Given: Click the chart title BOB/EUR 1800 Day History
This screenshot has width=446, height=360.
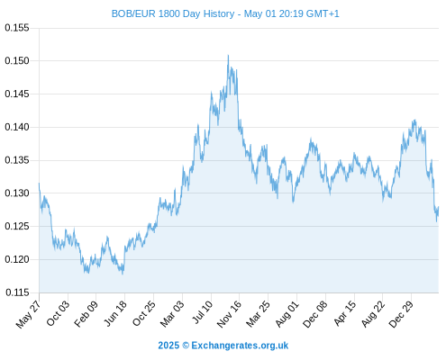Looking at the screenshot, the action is point(173,13).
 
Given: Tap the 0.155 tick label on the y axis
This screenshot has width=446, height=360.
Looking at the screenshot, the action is point(17,28).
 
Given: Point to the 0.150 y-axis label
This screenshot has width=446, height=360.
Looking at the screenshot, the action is point(17,61).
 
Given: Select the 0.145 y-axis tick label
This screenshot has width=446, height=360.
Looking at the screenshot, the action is point(17,94).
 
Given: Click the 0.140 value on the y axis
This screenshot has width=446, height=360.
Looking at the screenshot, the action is point(17,127).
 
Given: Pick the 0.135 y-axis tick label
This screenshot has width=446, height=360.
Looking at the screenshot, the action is point(17,160).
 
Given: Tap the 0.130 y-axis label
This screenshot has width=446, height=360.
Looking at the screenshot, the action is point(17,193).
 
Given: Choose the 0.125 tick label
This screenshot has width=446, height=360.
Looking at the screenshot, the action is point(17,226).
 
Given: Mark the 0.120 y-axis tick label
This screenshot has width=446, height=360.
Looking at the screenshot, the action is point(17,259).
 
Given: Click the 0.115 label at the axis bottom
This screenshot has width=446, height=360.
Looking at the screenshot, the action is point(17,292).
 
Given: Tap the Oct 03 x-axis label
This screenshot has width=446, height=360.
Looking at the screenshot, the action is point(58,313).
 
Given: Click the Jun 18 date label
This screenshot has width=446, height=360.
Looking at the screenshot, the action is point(115,313).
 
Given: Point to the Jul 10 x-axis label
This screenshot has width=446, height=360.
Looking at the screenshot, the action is point(202,312).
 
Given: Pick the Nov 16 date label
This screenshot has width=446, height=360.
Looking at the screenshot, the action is point(229,314).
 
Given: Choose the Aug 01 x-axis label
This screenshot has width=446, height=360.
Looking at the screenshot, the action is point(287,313).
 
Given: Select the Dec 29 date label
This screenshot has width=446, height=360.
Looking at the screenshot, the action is point(401,314).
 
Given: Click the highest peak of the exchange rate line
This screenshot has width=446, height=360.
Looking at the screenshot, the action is point(228,56).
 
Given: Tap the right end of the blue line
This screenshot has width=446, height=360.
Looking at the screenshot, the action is point(438,207).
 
